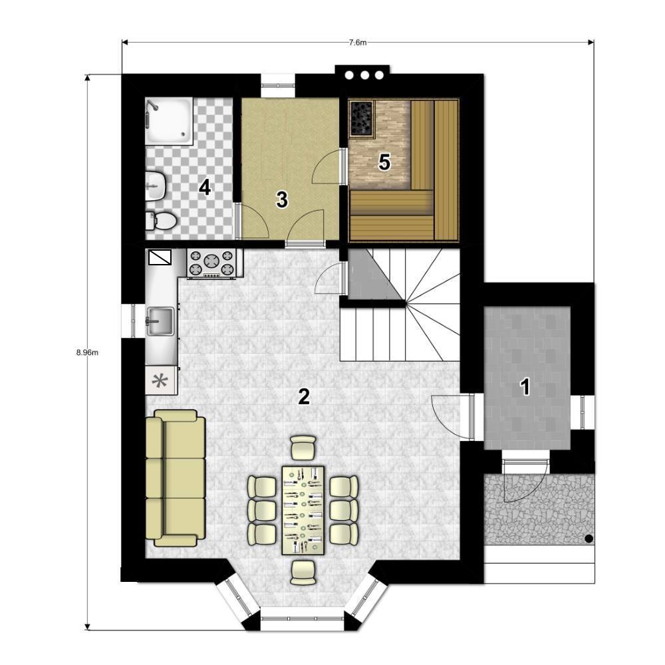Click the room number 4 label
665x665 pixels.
click(x=205, y=188)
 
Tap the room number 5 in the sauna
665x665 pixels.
click(x=384, y=162)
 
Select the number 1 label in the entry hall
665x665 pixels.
click(x=525, y=387)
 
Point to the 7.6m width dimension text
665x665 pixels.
click(x=358, y=43)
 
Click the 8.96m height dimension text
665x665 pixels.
click(x=87, y=352)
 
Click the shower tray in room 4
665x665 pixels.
click(x=169, y=120)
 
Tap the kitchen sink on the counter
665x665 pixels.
click(x=160, y=321)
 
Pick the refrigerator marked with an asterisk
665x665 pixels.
click(x=161, y=380)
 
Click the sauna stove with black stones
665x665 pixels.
click(x=362, y=119)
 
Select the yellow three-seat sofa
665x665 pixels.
click(x=176, y=478)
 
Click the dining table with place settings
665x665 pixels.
click(x=303, y=510)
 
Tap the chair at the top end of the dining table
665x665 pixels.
click(x=303, y=448)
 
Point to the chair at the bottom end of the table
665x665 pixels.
click(x=303, y=573)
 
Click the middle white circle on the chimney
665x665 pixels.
click(x=364, y=76)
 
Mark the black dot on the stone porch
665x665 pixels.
click(x=589, y=539)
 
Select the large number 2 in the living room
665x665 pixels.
click(x=304, y=396)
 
